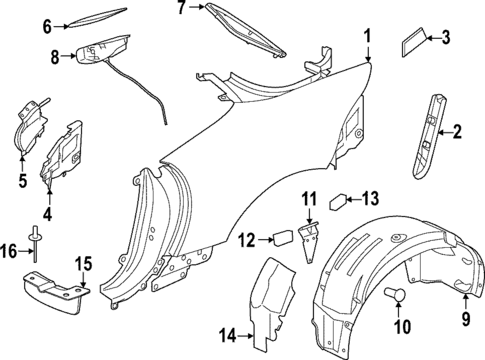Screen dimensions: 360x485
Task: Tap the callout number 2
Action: point(458,131)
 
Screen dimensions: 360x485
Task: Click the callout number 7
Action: point(181,9)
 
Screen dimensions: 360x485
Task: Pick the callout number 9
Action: point(465,318)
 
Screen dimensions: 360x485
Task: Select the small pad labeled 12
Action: point(283,239)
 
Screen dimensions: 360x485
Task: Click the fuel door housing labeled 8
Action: point(100,53)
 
